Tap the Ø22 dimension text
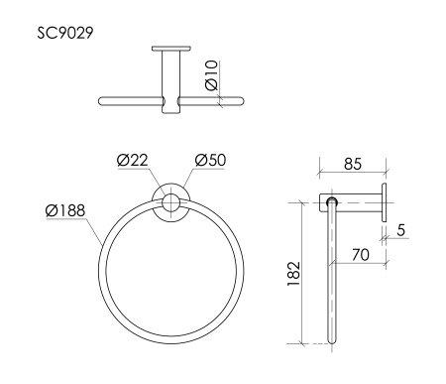click(131, 161)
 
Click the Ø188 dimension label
click(65, 209)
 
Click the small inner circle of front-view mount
click(171, 203)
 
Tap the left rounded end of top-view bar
click(101, 100)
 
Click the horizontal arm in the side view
click(357, 202)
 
